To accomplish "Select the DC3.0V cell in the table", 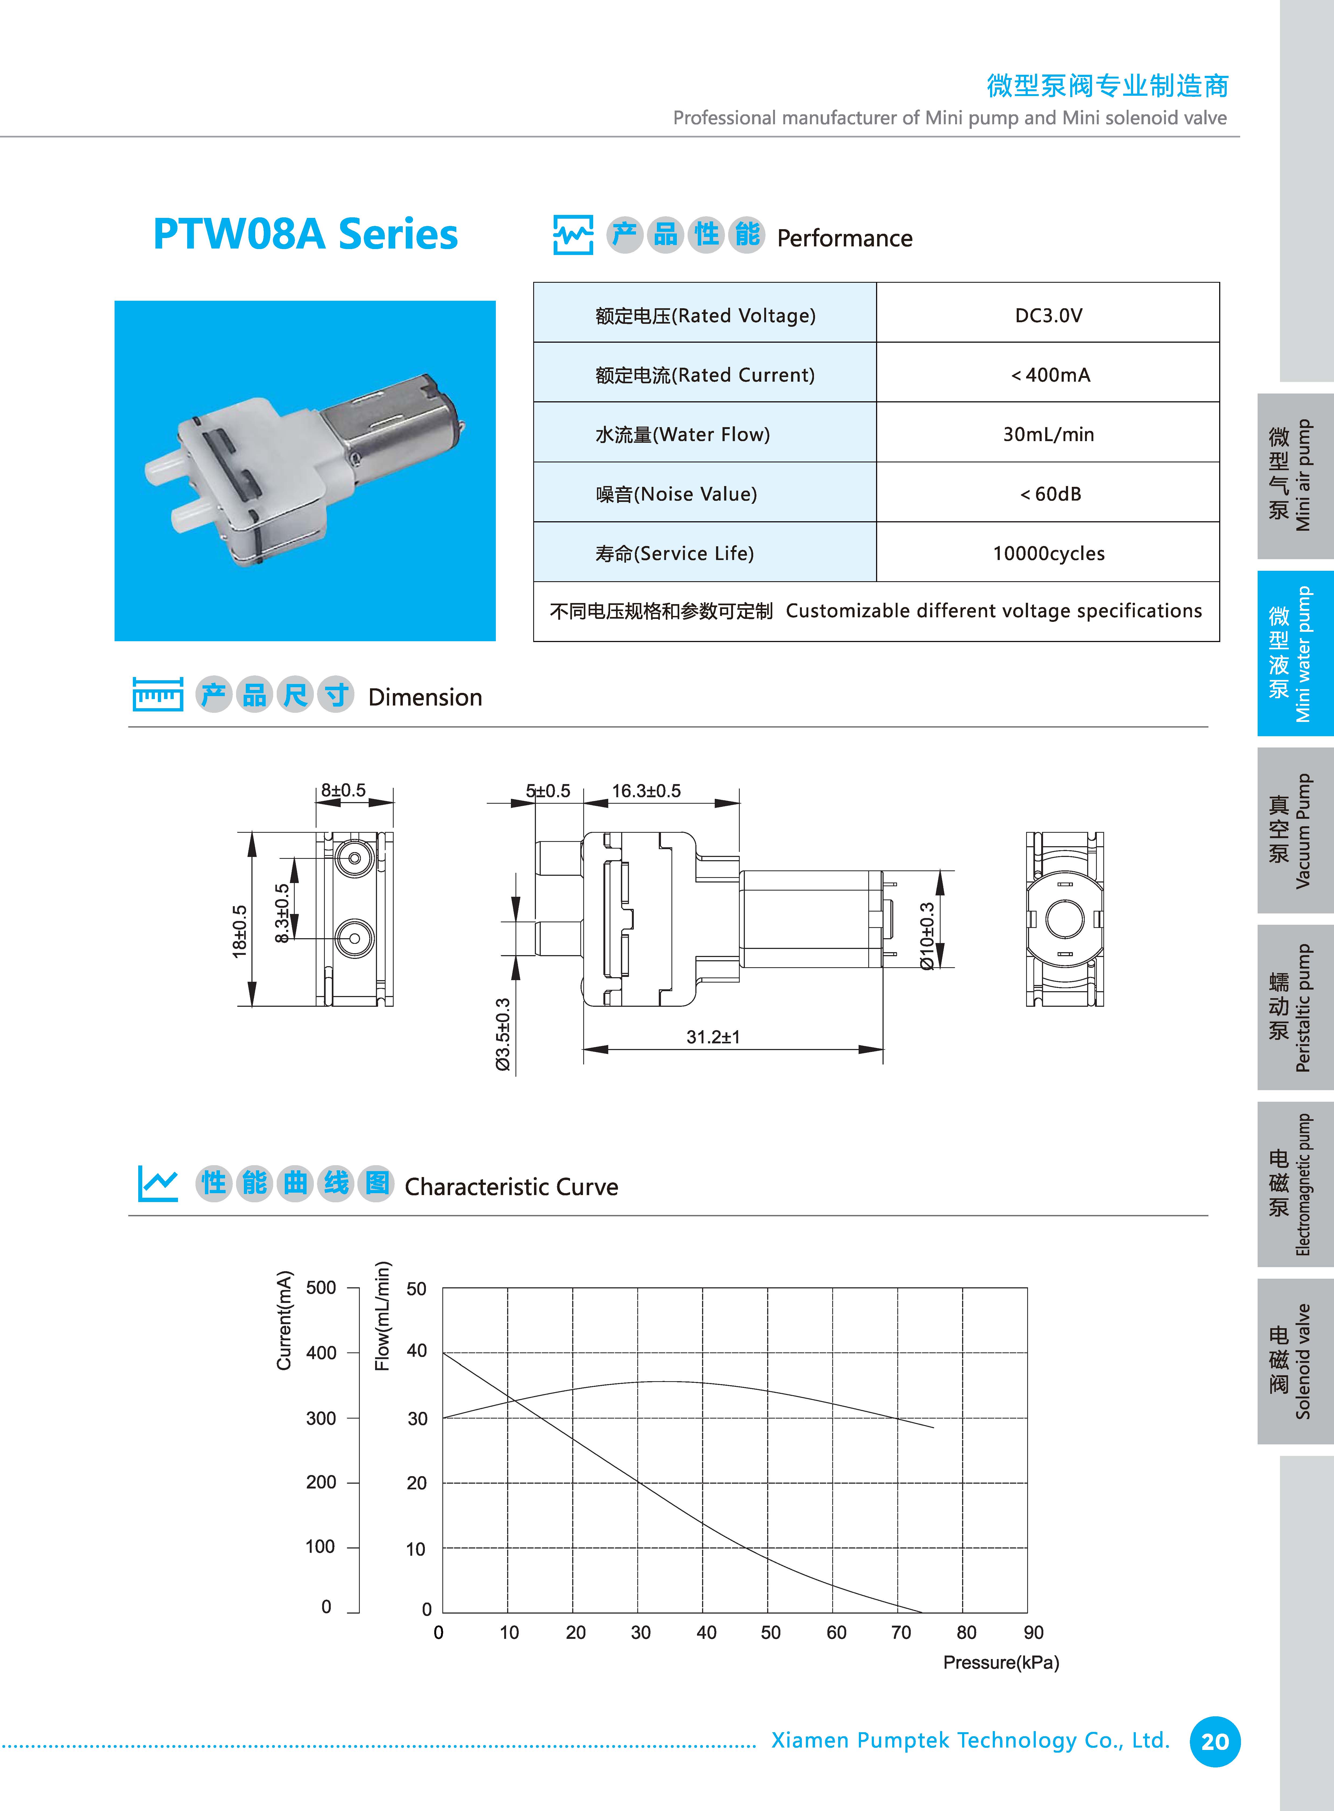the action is [1048, 315].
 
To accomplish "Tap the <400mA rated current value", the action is [1050, 375].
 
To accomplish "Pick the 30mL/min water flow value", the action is [1048, 435].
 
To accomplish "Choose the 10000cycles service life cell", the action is [1048, 553].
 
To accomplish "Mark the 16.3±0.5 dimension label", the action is [646, 791].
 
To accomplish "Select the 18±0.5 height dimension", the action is [240, 931].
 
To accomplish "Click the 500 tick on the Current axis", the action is [321, 1288].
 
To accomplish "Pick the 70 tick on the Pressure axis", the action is [901, 1632].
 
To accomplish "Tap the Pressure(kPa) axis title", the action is [1001, 1662].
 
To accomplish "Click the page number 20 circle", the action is [1215, 1742].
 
